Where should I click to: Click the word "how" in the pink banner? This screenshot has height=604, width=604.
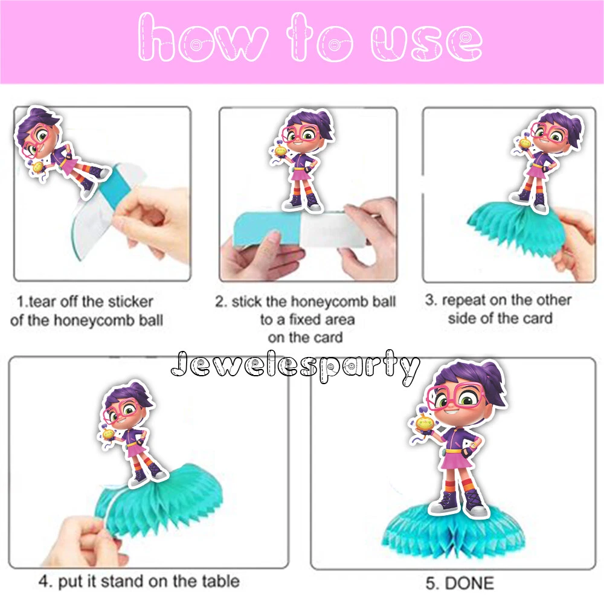202,37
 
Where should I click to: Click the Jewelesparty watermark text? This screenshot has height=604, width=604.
295,366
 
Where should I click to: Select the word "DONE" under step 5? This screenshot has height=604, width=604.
469,583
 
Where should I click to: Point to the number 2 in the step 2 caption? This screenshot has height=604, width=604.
220,301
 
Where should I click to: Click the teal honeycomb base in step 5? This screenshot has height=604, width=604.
453,530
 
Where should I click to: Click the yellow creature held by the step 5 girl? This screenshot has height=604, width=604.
424,425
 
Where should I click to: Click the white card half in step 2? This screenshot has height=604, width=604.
331,230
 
